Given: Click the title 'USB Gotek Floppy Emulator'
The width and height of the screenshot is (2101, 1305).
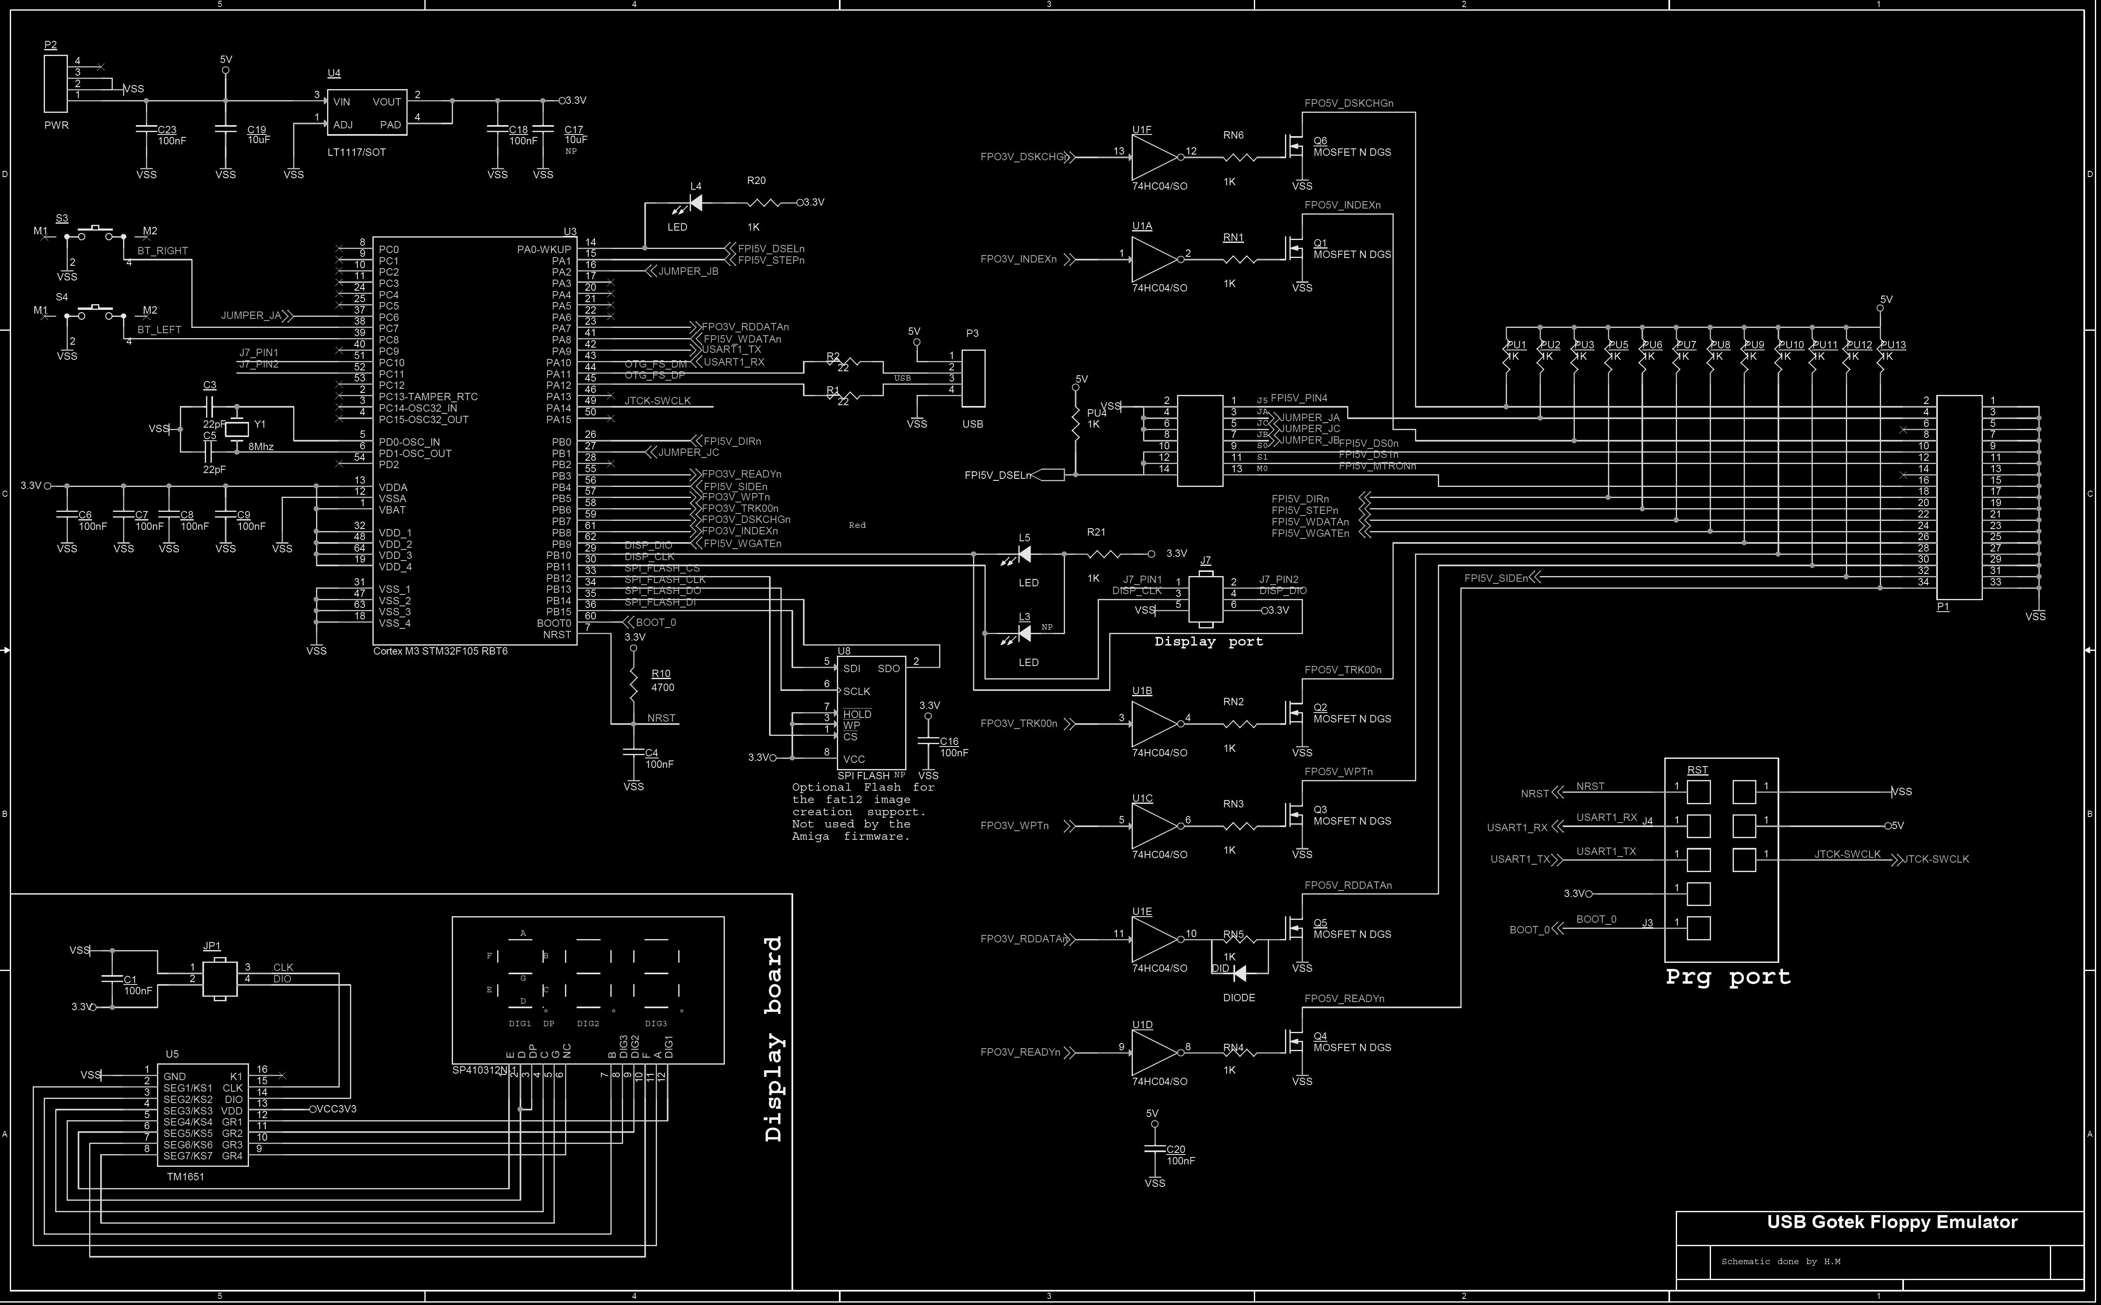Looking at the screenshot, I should pos(1891,1222).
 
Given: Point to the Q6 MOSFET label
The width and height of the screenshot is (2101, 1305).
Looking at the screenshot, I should pos(1320,141).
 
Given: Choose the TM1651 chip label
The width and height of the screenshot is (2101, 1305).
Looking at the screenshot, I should pos(186,1176).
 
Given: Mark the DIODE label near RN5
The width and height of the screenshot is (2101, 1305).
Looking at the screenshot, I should pos(1239,998).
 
